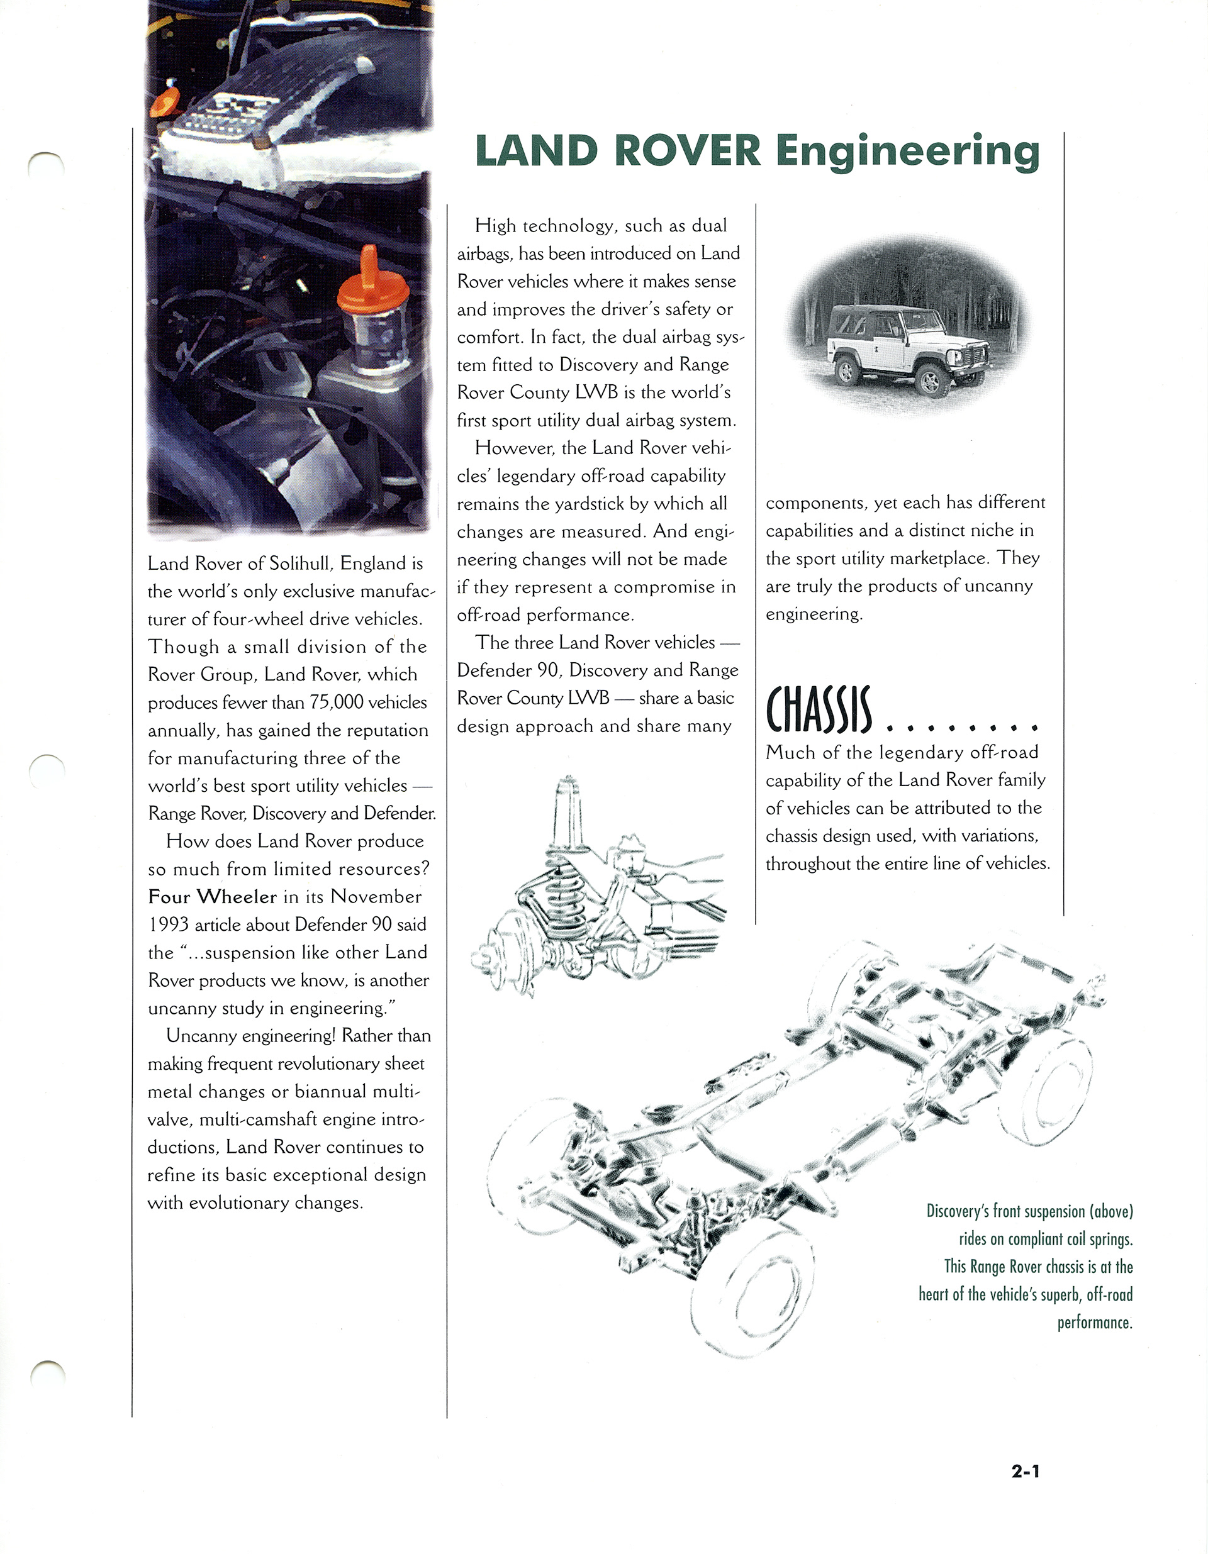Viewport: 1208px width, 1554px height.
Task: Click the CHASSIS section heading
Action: coord(818,711)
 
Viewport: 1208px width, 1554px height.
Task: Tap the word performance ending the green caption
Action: coord(1094,1323)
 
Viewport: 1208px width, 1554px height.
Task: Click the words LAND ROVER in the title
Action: coord(617,152)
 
